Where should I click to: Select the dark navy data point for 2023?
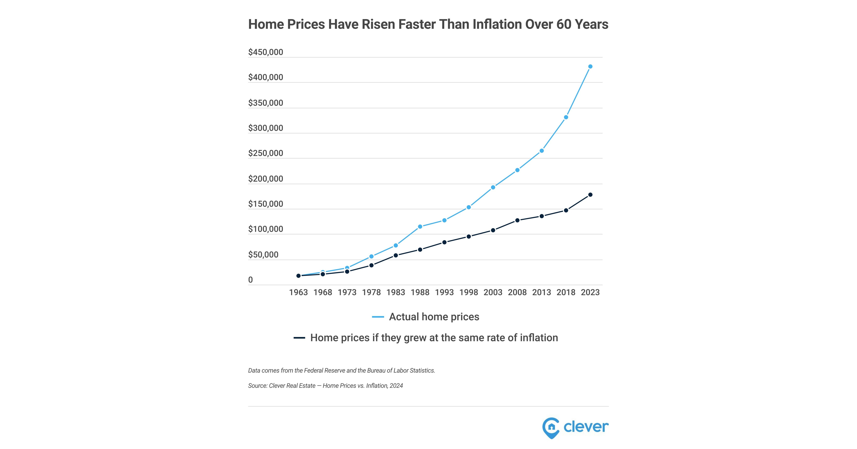tap(590, 194)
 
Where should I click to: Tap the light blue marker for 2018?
tap(566, 117)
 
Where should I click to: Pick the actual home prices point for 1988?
tap(420, 227)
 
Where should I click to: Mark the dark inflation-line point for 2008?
tap(517, 220)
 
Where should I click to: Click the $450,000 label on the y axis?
tap(266, 52)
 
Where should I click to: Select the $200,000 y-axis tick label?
tap(266, 179)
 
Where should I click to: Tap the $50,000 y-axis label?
tap(263, 255)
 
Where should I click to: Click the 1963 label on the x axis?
tap(298, 292)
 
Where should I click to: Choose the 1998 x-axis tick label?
tap(468, 292)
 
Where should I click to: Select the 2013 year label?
tap(542, 292)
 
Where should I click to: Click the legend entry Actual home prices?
tap(434, 317)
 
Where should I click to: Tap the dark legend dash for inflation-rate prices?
tap(299, 338)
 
